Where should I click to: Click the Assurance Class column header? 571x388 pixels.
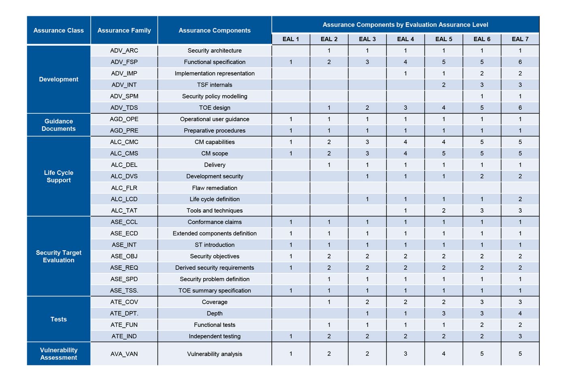point(59,30)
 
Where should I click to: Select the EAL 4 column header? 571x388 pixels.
point(405,39)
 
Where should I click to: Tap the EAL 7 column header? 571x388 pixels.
point(520,39)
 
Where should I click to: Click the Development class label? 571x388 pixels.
point(59,79)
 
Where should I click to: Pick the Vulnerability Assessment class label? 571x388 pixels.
point(59,354)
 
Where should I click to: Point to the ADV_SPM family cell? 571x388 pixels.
point(124,96)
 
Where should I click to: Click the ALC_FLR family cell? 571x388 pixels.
point(124,188)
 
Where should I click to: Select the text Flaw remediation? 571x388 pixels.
point(215,188)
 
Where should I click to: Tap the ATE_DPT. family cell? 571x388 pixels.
point(124,313)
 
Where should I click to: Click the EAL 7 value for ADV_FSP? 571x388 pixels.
point(520,62)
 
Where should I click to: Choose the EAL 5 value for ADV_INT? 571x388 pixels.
point(443,85)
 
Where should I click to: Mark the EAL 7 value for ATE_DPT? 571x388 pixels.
point(520,313)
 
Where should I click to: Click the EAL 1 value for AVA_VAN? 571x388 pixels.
point(291,354)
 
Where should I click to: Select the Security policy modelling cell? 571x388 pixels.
point(215,96)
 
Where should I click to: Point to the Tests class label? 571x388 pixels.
point(59,319)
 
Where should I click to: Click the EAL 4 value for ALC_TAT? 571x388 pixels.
point(405,211)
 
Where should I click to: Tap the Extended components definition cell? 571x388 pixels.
point(215,234)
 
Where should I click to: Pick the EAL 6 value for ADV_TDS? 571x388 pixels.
point(482,108)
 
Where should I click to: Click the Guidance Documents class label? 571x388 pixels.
point(59,125)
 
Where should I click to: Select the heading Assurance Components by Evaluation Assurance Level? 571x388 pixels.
point(405,25)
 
